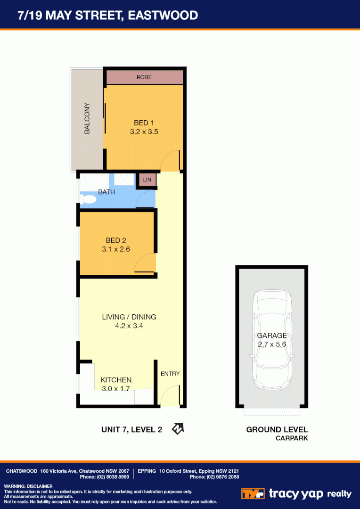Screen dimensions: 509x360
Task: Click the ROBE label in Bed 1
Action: (x=144, y=77)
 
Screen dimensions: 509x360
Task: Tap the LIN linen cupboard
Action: (x=147, y=180)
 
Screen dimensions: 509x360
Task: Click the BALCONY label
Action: (x=87, y=119)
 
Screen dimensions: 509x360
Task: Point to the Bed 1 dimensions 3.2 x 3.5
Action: (x=144, y=132)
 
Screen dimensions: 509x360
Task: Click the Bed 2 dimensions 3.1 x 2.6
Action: (x=116, y=249)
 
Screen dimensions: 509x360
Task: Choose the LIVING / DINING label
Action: (x=129, y=317)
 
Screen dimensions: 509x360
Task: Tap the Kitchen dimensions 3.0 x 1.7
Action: (x=116, y=389)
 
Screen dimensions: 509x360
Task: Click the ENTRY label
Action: (x=170, y=374)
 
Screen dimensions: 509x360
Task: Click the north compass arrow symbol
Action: (x=178, y=428)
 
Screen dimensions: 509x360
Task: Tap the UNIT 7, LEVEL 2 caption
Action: (x=132, y=429)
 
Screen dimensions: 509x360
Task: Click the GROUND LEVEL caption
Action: (x=277, y=429)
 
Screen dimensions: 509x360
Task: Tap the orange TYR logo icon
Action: (x=253, y=493)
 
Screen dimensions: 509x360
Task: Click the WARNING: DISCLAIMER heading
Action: (x=28, y=486)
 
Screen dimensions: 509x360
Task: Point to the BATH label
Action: (x=106, y=192)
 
